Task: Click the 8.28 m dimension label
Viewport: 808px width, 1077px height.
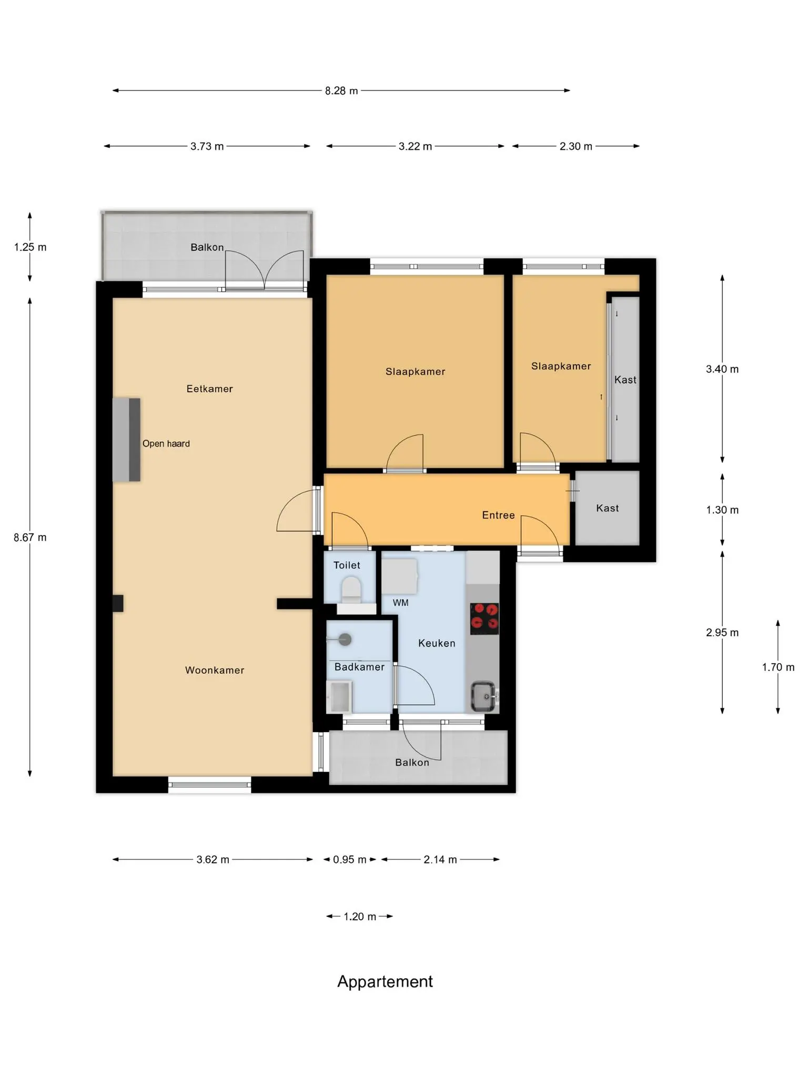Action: (341, 90)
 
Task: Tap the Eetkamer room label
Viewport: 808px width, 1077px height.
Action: (209, 389)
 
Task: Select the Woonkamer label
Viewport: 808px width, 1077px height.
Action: (215, 670)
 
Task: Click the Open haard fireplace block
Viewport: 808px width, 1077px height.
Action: (126, 440)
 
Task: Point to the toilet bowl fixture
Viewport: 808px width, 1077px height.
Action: (351, 590)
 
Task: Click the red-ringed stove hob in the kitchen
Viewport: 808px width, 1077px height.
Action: (484, 618)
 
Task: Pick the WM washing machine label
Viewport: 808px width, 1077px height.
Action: (400, 603)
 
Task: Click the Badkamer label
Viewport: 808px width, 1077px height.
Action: (359, 667)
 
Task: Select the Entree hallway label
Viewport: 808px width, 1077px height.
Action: (498, 515)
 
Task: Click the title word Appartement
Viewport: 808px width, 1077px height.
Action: (385, 981)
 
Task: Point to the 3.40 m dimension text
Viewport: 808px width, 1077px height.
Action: (722, 369)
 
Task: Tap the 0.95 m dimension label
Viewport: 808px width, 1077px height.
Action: (350, 859)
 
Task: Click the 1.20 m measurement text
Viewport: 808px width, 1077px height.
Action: (360, 917)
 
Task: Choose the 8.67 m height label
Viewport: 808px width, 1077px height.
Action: (30, 537)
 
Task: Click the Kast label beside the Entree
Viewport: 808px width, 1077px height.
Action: (607, 508)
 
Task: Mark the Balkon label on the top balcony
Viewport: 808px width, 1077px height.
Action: (207, 247)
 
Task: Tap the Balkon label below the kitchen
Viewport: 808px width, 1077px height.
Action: (412, 763)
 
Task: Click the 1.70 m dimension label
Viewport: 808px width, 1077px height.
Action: (778, 667)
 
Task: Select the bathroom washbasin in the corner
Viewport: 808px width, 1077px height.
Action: (339, 697)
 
